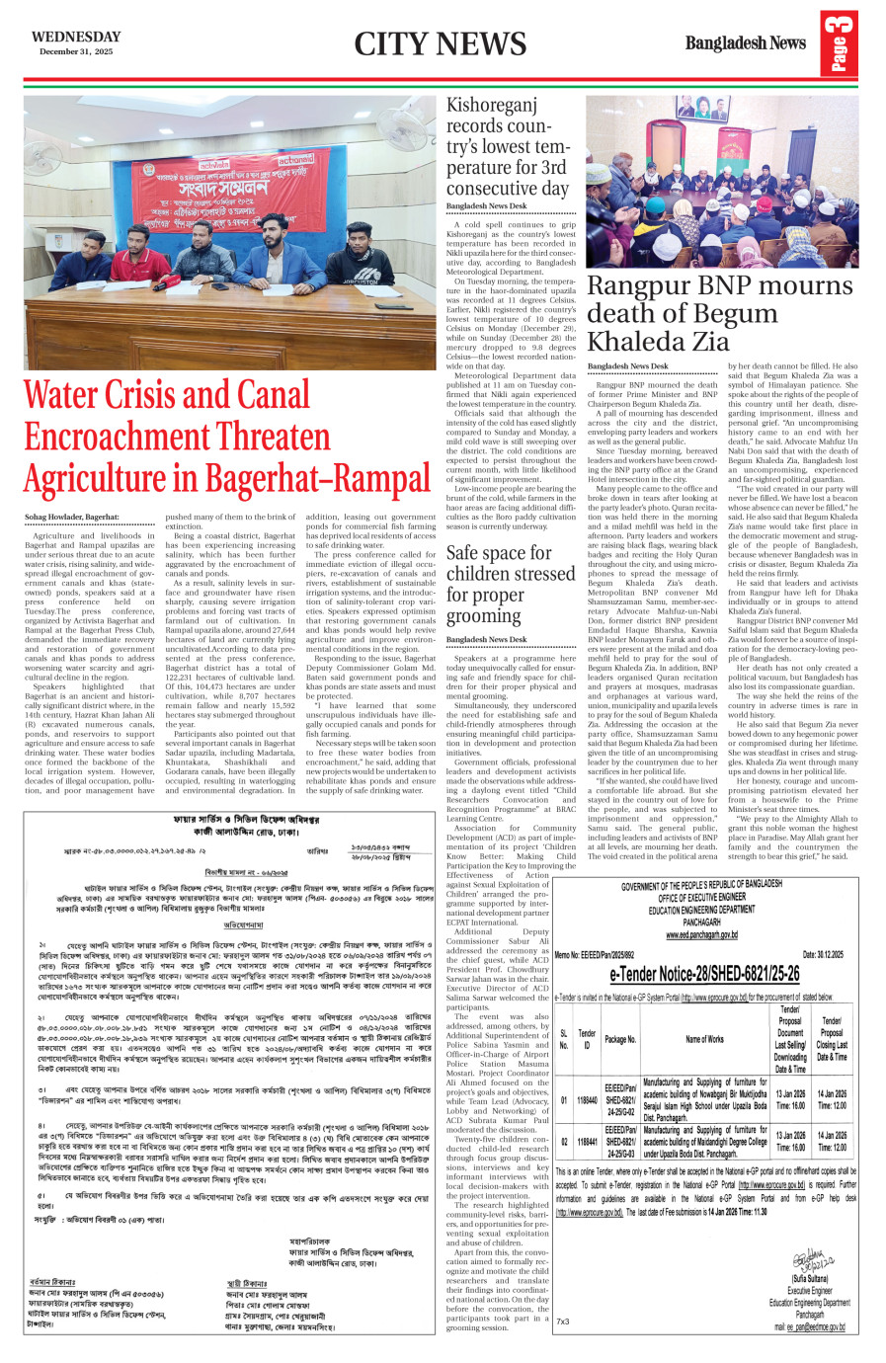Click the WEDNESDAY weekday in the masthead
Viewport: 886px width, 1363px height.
[x=76, y=37]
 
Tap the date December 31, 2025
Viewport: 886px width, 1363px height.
[x=76, y=51]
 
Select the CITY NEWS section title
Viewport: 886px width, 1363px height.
[x=440, y=44]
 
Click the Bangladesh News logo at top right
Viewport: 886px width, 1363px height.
[x=745, y=43]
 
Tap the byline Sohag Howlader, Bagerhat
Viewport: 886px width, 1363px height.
[x=72, y=518]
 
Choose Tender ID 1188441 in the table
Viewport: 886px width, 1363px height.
[x=587, y=1141]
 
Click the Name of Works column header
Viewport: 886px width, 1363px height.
[x=704, y=1039]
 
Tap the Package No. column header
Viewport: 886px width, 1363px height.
[x=620, y=1039]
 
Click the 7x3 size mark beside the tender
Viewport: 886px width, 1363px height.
[x=562, y=1322]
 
